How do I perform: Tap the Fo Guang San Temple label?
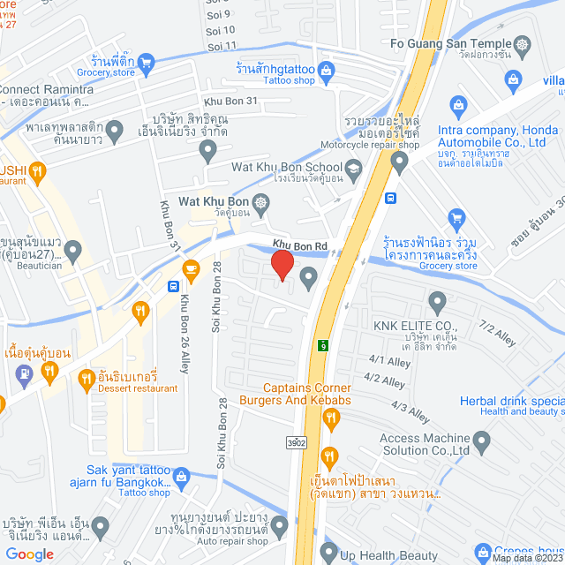[x=449, y=43]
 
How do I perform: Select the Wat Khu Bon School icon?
[x=353, y=167]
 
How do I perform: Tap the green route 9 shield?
[x=324, y=345]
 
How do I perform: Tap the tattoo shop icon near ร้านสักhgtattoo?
[x=326, y=68]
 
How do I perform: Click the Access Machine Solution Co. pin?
[x=481, y=440]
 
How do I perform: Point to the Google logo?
[x=29, y=554]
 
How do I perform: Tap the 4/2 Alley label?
[x=384, y=380]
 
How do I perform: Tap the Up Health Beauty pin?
[x=329, y=554]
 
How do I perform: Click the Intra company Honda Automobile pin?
[x=400, y=162]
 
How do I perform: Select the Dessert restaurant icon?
[x=86, y=379]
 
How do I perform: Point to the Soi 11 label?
[x=221, y=45]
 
